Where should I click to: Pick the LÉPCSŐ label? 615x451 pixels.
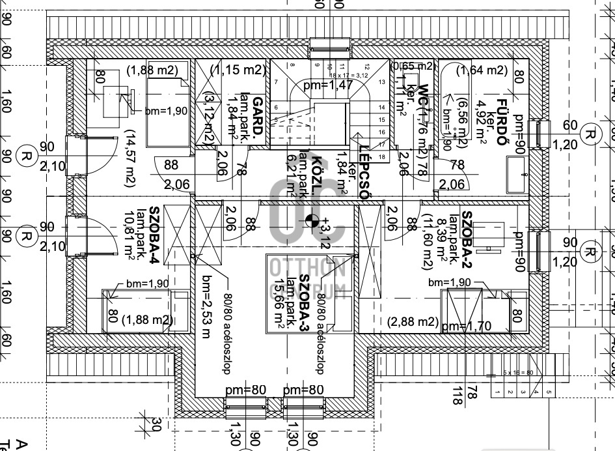pos(364,173)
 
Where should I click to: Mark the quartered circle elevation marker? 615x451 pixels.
pos(312,222)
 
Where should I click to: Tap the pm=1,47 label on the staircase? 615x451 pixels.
pos(328,85)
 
